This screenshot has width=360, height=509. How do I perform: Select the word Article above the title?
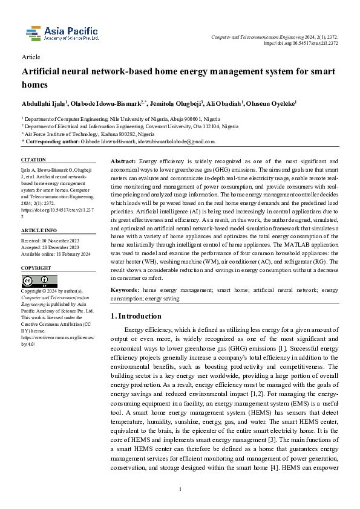pos(31,57)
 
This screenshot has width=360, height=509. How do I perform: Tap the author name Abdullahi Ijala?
pos(45,103)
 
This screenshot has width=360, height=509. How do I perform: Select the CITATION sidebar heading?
pos(33,160)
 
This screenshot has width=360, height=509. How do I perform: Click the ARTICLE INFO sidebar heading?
pos(39,231)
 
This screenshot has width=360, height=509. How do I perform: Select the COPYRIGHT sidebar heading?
pos(36,268)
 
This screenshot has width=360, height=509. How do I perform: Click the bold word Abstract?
pos(124,162)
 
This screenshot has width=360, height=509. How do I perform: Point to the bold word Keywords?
pos(126,290)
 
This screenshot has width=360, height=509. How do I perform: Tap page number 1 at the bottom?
pos(180,488)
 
